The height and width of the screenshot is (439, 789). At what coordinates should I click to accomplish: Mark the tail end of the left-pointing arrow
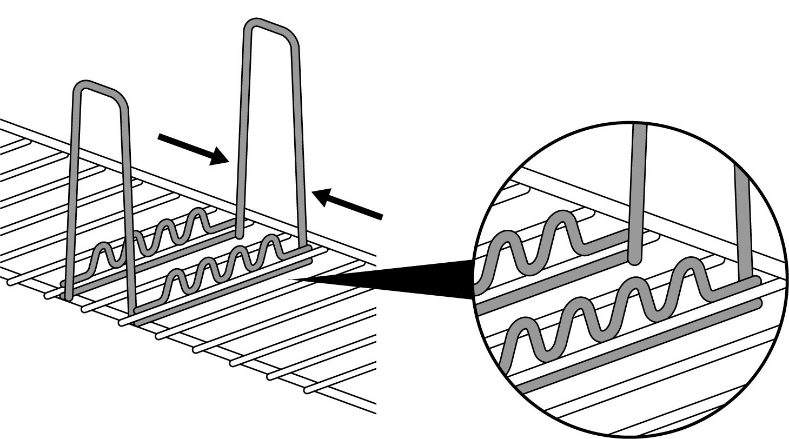tap(381, 217)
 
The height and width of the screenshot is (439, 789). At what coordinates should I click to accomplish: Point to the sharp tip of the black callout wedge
tap(292, 279)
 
